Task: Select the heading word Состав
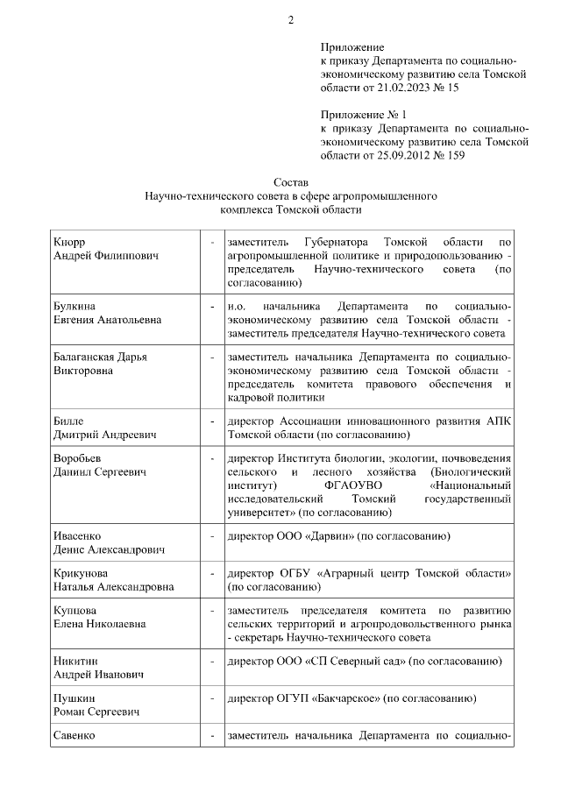pyautogui.click(x=291, y=183)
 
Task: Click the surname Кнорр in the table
pyautogui.click(x=70, y=241)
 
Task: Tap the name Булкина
pyautogui.click(x=74, y=308)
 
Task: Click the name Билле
pyautogui.click(x=67, y=421)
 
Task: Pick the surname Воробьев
pyautogui.click(x=80, y=458)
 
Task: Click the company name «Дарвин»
pyautogui.click(x=331, y=535)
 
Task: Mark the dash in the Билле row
pyautogui.click(x=212, y=421)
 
